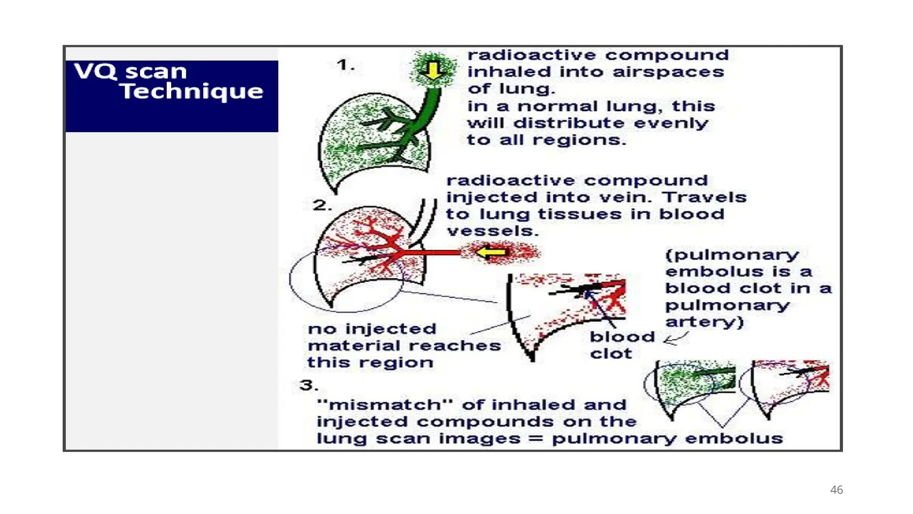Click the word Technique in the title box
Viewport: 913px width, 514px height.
pyautogui.click(x=191, y=91)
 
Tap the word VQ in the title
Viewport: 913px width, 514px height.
pyautogui.click(x=95, y=71)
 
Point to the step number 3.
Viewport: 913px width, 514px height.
pyautogui.click(x=308, y=385)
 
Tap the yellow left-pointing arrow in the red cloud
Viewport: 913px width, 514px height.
pyautogui.click(x=491, y=253)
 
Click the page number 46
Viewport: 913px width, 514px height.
pyautogui.click(x=836, y=490)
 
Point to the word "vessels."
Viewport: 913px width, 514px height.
pyautogui.click(x=493, y=231)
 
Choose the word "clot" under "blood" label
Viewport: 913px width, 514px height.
pyautogui.click(x=611, y=354)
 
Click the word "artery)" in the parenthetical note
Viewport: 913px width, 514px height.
pyautogui.click(x=704, y=322)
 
